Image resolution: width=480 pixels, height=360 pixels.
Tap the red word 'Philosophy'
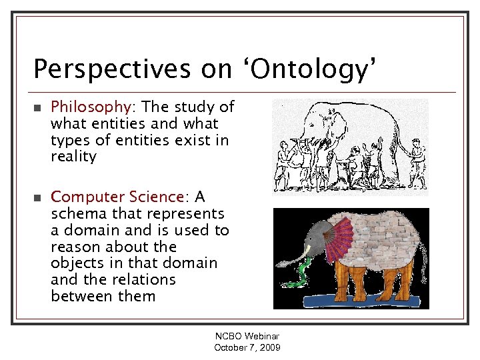[x=91, y=107]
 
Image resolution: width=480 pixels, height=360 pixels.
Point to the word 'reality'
[x=73, y=157]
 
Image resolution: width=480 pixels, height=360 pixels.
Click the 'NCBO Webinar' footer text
[x=247, y=337]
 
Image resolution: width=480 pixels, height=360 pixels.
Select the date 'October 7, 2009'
[x=247, y=348]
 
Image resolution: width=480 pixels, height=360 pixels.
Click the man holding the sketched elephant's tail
[x=417, y=160]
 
